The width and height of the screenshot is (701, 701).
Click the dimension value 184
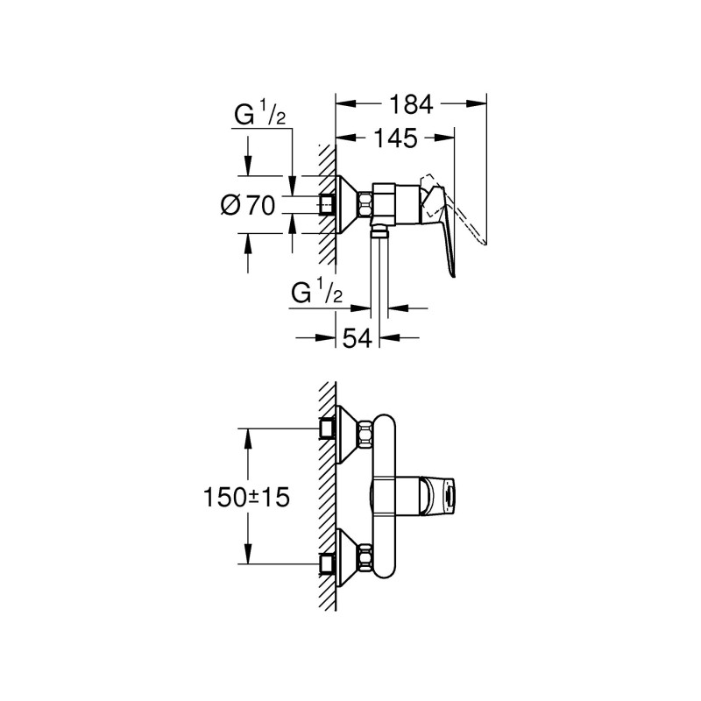(x=411, y=104)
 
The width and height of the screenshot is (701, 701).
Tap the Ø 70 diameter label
(x=249, y=206)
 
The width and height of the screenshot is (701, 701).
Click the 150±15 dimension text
(x=247, y=496)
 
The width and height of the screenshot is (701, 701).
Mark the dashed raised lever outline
(x=464, y=219)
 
